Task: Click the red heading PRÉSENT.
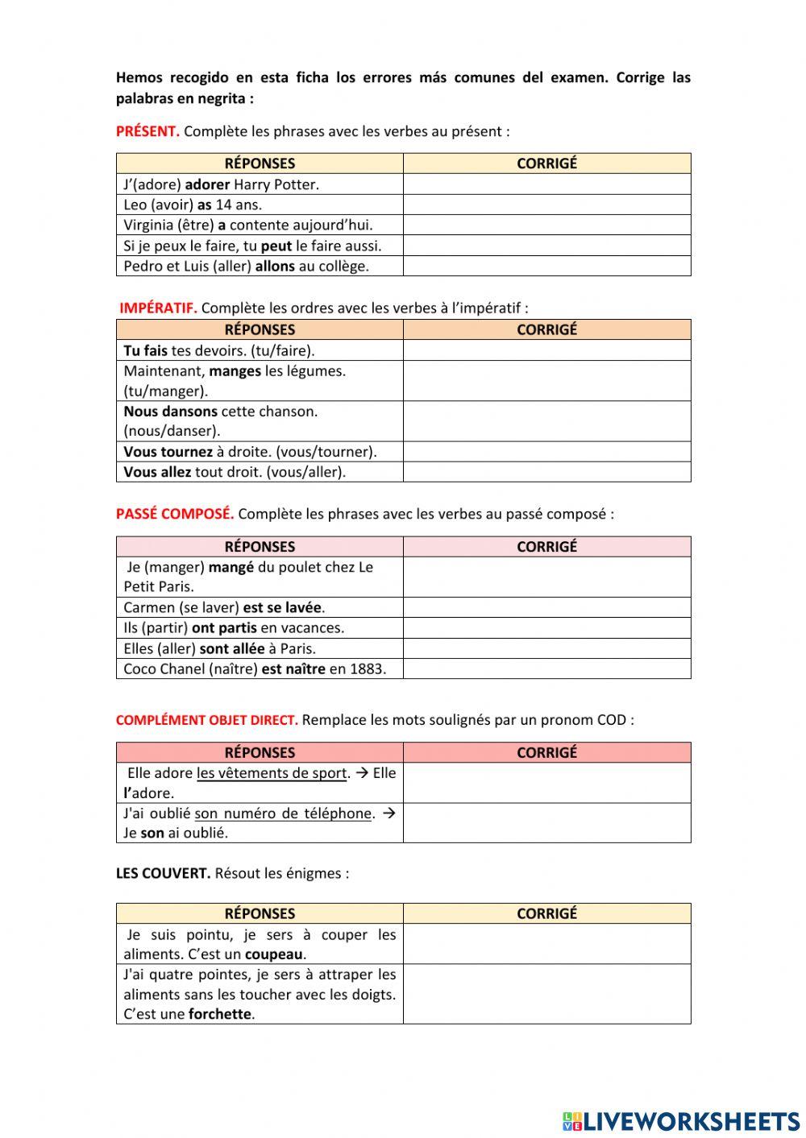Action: click(x=147, y=131)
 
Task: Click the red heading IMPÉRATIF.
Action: click(x=158, y=308)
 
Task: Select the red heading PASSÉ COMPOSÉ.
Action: click(x=175, y=514)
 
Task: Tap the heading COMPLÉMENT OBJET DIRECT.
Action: click(x=206, y=720)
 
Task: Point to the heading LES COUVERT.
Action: click(x=163, y=873)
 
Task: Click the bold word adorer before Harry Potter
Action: click(x=207, y=184)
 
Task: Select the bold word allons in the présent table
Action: click(x=275, y=266)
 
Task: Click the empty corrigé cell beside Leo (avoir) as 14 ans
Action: click(x=546, y=205)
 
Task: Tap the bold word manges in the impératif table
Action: click(x=235, y=371)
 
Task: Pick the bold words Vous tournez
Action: click(x=168, y=452)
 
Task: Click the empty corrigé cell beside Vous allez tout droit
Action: click(x=546, y=472)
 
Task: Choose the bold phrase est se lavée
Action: click(x=282, y=607)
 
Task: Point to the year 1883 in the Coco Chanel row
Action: click(x=367, y=668)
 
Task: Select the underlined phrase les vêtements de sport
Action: click(x=272, y=773)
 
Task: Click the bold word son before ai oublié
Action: click(x=152, y=833)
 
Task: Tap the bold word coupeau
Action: click(x=274, y=954)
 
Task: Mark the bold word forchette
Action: click(x=219, y=1014)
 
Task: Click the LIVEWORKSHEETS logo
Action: click(x=680, y=1120)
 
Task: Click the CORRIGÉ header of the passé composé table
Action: click(x=546, y=546)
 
